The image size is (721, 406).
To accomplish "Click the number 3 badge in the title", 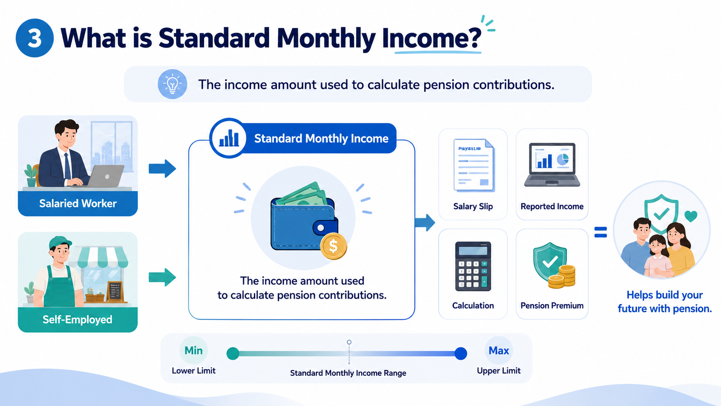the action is click(x=34, y=38).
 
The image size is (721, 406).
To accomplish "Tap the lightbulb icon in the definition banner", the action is click(x=172, y=84).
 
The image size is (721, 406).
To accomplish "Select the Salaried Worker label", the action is click(x=78, y=204).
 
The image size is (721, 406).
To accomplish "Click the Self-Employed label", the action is click(x=78, y=319).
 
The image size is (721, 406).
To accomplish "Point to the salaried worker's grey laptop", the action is click(x=105, y=176).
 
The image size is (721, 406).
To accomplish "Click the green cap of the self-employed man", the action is click(x=60, y=242).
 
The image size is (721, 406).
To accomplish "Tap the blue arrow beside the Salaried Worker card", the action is click(x=162, y=168).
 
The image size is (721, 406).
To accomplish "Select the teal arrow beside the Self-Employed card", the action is click(x=162, y=277).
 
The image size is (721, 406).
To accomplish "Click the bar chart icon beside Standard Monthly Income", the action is click(x=229, y=138).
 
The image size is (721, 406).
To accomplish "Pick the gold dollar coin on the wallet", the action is click(x=333, y=246).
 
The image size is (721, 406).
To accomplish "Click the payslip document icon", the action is click(x=474, y=166).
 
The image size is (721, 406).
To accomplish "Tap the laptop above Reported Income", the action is click(x=552, y=165).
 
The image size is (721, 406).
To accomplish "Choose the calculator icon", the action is click(x=473, y=266).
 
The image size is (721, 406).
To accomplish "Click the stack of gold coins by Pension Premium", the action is click(x=562, y=277).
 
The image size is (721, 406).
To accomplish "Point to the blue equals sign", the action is click(x=601, y=232).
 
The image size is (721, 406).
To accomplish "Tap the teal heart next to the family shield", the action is click(x=691, y=216).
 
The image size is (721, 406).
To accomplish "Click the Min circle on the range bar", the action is click(x=194, y=350).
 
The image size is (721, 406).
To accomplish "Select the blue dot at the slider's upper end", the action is click(x=461, y=353).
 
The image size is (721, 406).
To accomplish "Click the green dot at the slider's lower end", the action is click(x=233, y=353).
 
